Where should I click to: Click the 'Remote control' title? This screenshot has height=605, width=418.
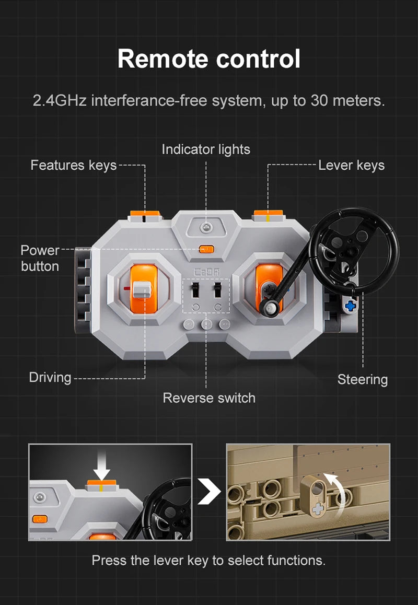click(x=209, y=59)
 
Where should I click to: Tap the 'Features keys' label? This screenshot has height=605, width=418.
click(x=73, y=165)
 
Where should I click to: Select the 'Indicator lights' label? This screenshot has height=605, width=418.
click(x=206, y=149)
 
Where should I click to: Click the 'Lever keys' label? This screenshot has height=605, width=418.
click(x=351, y=165)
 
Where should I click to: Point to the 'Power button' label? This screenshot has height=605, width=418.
click(x=40, y=258)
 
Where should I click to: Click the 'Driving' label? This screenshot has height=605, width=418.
click(x=50, y=377)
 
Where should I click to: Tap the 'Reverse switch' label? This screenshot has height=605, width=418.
click(x=209, y=398)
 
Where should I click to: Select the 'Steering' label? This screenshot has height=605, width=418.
click(x=363, y=379)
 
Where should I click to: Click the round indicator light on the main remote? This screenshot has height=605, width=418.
click(x=206, y=227)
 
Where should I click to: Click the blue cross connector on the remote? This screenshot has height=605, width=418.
click(x=350, y=306)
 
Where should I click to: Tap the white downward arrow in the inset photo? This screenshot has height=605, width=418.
click(x=101, y=468)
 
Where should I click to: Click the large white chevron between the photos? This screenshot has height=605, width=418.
click(x=209, y=492)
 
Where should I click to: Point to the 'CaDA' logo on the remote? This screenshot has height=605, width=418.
click(x=206, y=272)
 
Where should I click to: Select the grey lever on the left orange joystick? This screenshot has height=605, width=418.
click(x=142, y=290)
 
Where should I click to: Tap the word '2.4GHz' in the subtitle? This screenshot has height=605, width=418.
click(x=60, y=101)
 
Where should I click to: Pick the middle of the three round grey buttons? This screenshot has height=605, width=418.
click(x=206, y=324)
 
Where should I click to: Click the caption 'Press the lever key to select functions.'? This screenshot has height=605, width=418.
click(x=208, y=560)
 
